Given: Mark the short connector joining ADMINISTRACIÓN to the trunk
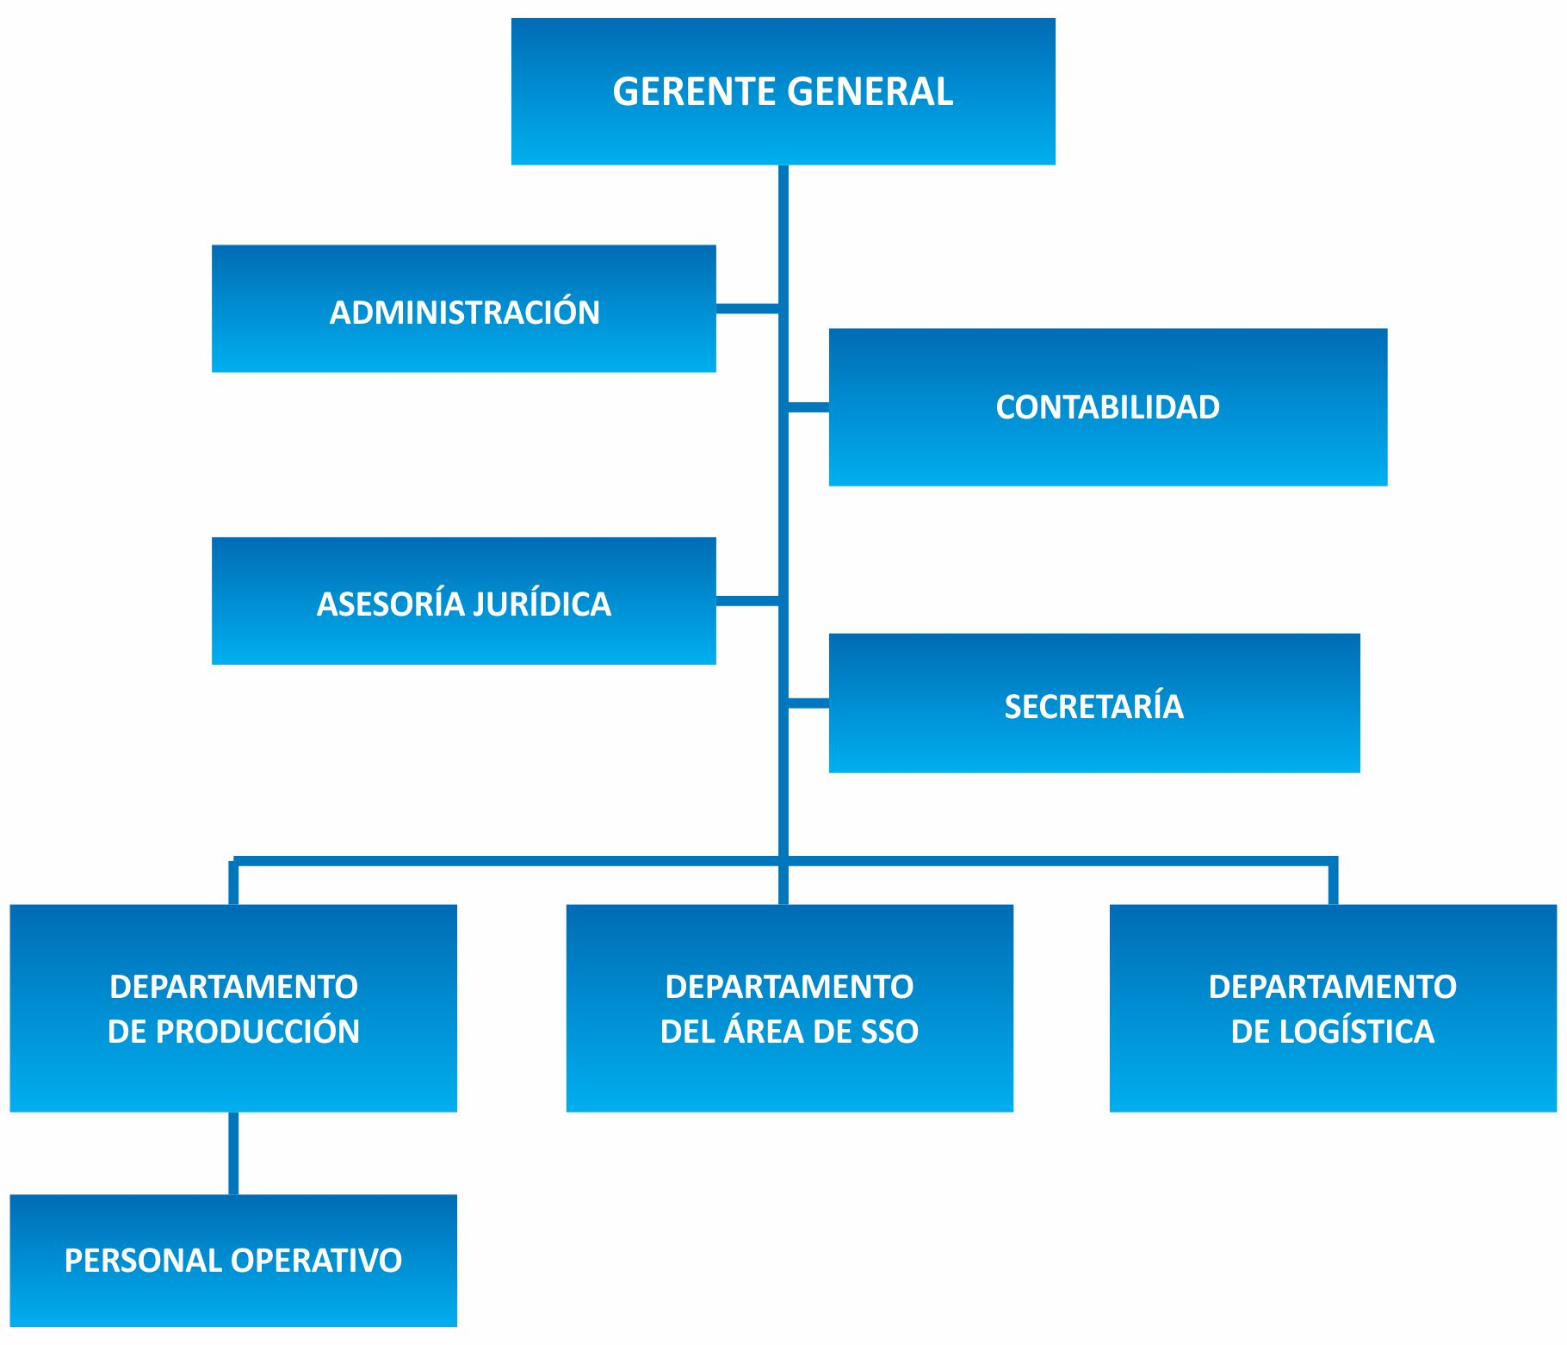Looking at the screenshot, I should (x=746, y=308).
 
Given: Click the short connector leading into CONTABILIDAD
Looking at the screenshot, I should (x=808, y=406).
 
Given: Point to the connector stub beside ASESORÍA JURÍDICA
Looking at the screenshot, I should (x=746, y=600).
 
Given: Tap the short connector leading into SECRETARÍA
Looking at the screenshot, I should (x=808, y=703).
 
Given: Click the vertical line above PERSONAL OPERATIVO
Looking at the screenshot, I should (x=233, y=1153).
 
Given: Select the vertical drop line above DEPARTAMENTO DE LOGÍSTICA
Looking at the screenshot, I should (x=1333, y=883).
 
